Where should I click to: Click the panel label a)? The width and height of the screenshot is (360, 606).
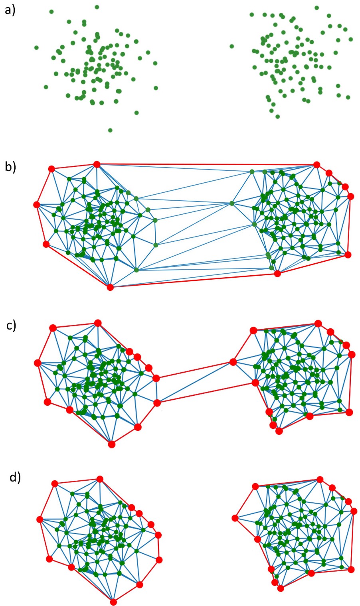coord(10,10)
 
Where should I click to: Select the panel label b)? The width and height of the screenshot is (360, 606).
coord(10,166)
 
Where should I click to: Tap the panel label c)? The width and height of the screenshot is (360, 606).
coord(12,325)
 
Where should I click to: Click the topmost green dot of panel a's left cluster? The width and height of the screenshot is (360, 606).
coord(97,7)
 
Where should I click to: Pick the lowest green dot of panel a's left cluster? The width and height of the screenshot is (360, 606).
coord(110,130)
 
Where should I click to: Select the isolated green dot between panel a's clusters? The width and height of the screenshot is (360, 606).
coord(232,46)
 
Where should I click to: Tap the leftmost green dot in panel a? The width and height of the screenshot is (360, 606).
coord(36,47)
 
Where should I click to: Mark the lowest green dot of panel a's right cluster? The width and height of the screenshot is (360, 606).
coord(278,116)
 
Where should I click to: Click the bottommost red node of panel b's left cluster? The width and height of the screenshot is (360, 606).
coord(111,287)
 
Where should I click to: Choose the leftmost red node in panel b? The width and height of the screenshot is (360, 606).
coord(36,205)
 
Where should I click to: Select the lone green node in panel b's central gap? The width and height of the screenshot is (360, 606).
coord(232,203)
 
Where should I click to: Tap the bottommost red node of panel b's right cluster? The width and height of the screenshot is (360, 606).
coord(277,274)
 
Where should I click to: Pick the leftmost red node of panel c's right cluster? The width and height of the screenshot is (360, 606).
coord(233,362)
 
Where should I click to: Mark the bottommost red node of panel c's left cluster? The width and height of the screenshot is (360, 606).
coord(112,444)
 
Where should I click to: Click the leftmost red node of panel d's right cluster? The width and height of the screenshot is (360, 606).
coord(235,518)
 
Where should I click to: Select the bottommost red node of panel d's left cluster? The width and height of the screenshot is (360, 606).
coord(113,602)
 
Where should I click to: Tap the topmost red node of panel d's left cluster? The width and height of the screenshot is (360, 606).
coord(100,479)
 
